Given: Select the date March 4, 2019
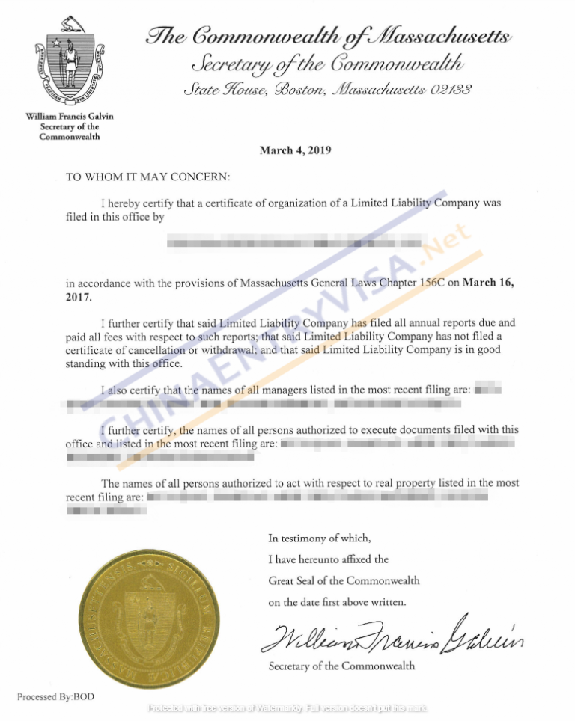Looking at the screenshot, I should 295,150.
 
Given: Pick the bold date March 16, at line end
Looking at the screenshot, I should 489,283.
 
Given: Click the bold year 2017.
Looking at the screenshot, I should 79,297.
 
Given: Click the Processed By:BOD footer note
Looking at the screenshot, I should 56,697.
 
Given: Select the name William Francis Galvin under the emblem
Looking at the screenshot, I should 70,117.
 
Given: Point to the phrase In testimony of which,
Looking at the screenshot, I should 319,538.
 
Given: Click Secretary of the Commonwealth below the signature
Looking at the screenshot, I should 341,666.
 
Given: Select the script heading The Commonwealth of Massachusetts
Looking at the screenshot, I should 329,36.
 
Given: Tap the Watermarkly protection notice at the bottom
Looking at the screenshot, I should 287,708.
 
